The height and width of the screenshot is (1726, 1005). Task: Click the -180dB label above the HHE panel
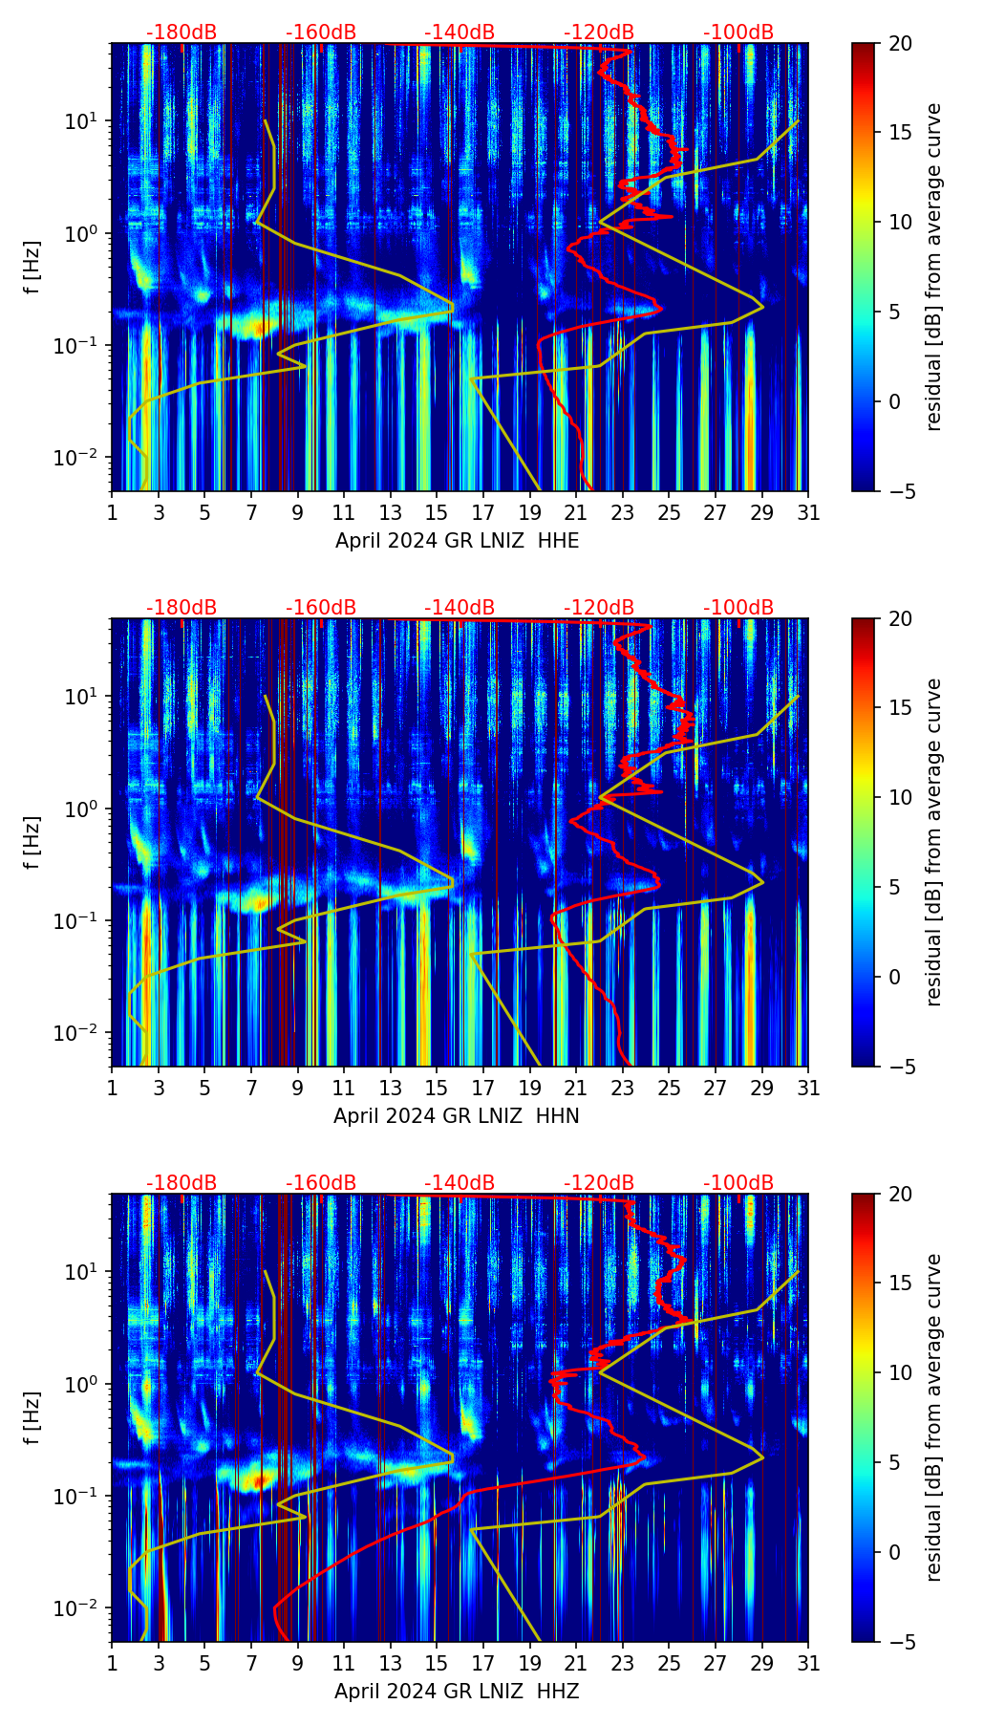click(182, 32)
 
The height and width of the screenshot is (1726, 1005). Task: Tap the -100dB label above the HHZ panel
click(738, 1183)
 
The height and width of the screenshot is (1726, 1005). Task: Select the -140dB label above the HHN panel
click(460, 608)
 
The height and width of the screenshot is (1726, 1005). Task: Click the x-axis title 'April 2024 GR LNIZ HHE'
click(457, 541)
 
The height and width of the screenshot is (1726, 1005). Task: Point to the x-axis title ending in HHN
click(457, 1116)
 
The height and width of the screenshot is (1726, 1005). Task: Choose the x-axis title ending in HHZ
click(457, 1692)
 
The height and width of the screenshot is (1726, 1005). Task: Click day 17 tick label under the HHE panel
click(483, 513)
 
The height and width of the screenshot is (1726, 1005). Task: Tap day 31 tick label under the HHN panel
click(808, 1089)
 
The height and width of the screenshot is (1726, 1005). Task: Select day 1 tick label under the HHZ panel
click(112, 1664)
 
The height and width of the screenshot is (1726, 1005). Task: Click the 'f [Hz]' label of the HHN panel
click(32, 842)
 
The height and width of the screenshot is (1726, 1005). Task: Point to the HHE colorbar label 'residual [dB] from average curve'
click(934, 267)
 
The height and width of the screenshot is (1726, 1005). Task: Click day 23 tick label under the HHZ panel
click(623, 1664)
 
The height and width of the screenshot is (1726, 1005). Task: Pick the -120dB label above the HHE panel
click(599, 32)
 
